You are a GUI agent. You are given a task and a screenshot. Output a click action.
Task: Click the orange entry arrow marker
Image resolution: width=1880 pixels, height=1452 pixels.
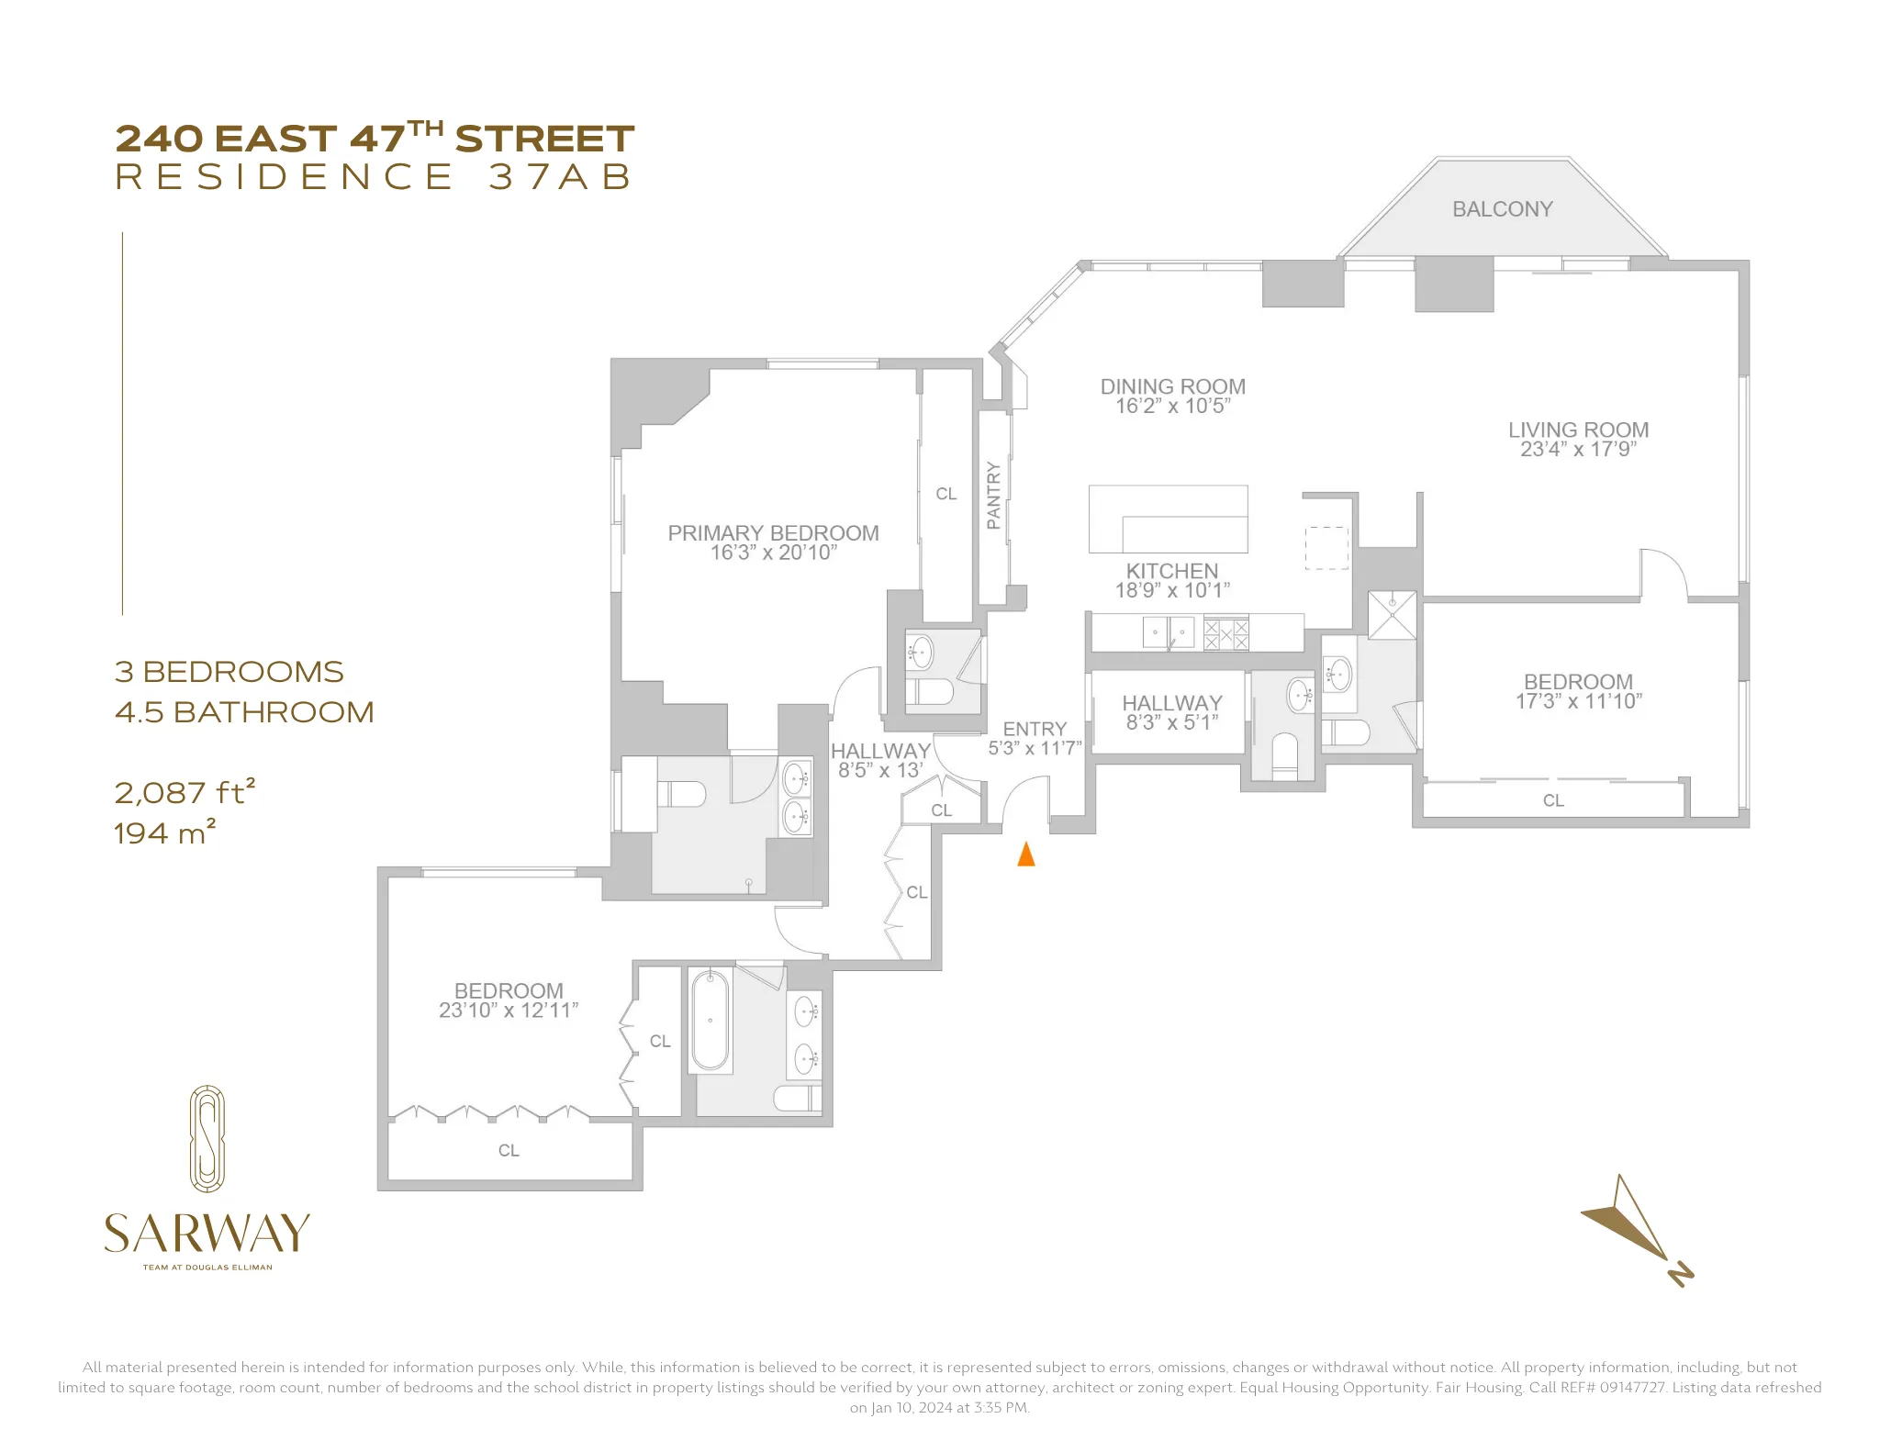[x=1026, y=854]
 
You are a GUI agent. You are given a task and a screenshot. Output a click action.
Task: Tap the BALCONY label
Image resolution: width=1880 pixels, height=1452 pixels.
[x=1502, y=209]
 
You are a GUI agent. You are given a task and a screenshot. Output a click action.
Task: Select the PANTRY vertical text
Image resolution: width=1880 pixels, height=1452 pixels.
[x=993, y=496]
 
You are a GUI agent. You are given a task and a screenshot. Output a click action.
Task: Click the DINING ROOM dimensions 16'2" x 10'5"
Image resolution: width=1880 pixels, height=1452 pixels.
[x=1172, y=407]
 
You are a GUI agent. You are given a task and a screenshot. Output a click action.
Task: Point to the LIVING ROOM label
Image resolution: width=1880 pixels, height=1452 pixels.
[x=1578, y=430]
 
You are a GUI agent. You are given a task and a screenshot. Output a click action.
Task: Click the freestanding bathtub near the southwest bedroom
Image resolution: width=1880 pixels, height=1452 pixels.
[x=710, y=1020]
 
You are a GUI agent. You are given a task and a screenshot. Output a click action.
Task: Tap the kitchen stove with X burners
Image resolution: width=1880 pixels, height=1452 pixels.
[x=1226, y=633]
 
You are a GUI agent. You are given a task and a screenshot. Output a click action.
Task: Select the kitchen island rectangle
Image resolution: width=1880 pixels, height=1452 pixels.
[x=1168, y=519]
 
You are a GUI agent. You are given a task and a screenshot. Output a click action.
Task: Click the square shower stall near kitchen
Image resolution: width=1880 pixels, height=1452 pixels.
[x=1392, y=615]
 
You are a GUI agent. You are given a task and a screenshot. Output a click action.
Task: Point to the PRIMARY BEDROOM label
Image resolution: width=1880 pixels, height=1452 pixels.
[x=773, y=533]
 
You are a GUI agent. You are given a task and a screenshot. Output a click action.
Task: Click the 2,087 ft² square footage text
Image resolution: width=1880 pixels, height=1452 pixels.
[x=185, y=792]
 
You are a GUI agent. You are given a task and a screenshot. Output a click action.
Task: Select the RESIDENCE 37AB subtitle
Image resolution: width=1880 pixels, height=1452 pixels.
[x=375, y=177]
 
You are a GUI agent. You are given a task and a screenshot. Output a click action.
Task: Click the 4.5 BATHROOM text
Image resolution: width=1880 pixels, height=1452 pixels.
[x=244, y=712]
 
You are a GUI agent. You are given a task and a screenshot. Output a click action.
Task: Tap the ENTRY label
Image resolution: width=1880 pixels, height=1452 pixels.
[x=1035, y=729]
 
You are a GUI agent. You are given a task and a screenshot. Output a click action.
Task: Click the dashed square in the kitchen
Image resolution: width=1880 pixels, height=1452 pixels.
[x=1326, y=548]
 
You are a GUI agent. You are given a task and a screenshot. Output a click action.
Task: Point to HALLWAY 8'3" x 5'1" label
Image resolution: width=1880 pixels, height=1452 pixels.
[x=1172, y=712]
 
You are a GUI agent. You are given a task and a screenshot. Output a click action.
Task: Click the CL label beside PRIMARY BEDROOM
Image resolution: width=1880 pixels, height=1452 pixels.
[x=946, y=494]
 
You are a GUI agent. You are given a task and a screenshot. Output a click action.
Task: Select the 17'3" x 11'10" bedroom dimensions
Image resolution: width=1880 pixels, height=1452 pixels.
[x=1578, y=701]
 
